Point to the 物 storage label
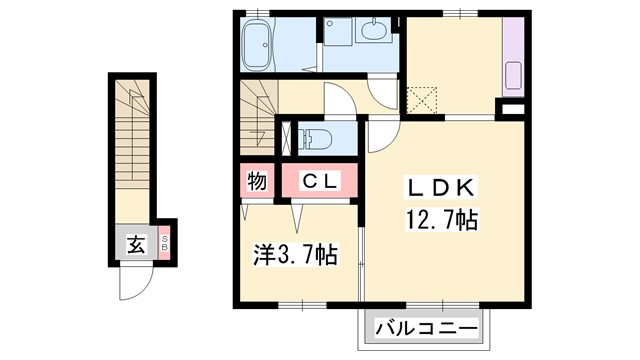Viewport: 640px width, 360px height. pyautogui.click(x=256, y=182)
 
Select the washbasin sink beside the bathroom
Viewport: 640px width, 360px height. pyautogui.click(x=376, y=33)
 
